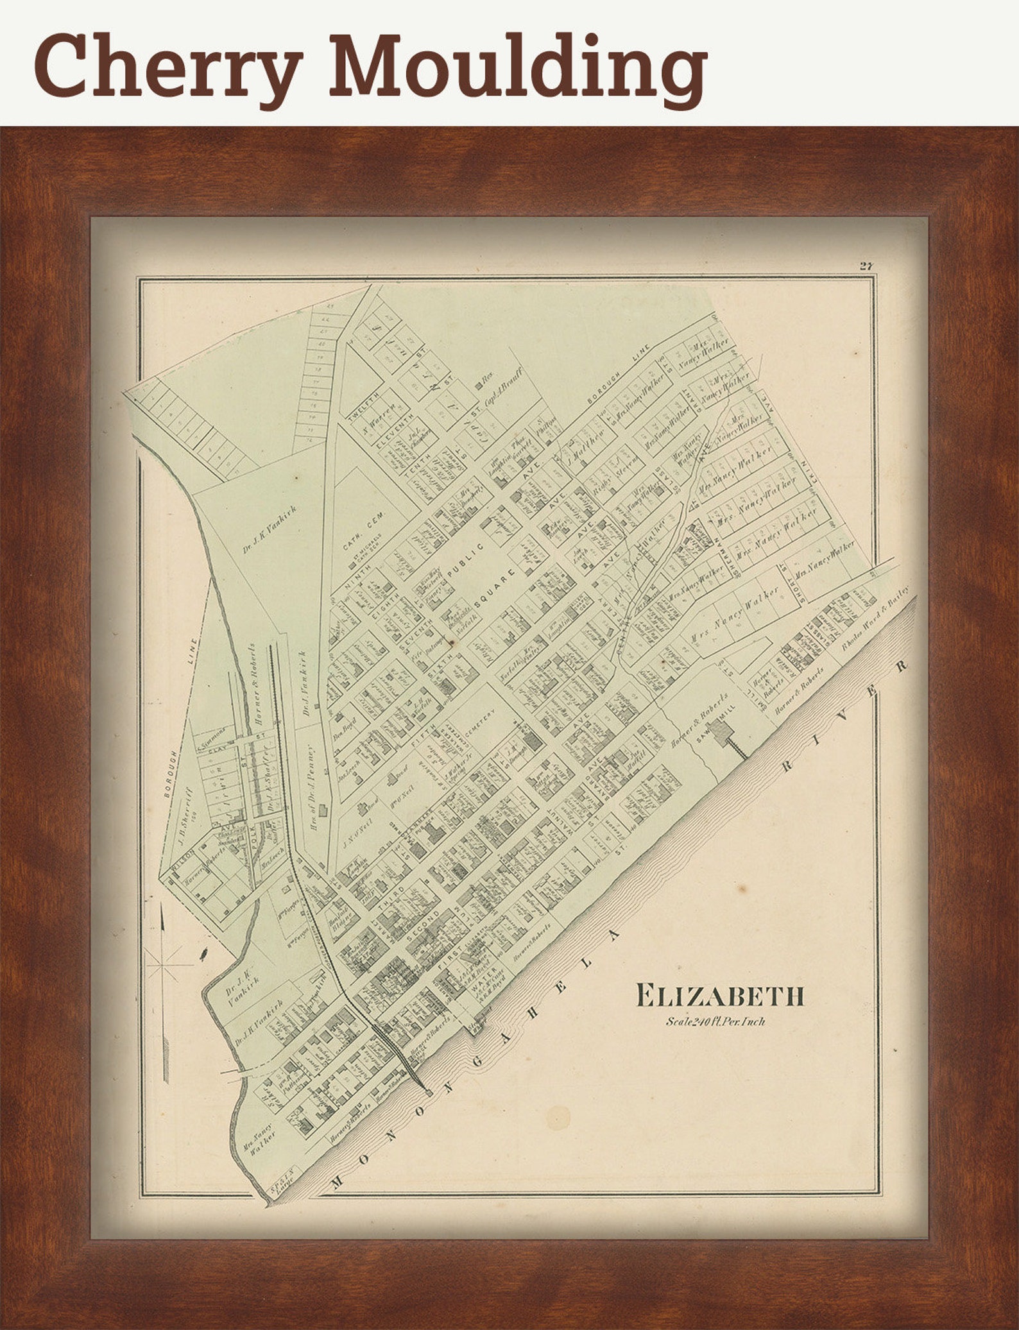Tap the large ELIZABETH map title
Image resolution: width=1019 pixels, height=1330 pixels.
719,996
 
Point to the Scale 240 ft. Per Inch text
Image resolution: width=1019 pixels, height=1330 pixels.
715,1021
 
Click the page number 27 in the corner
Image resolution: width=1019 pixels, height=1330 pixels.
868,267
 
